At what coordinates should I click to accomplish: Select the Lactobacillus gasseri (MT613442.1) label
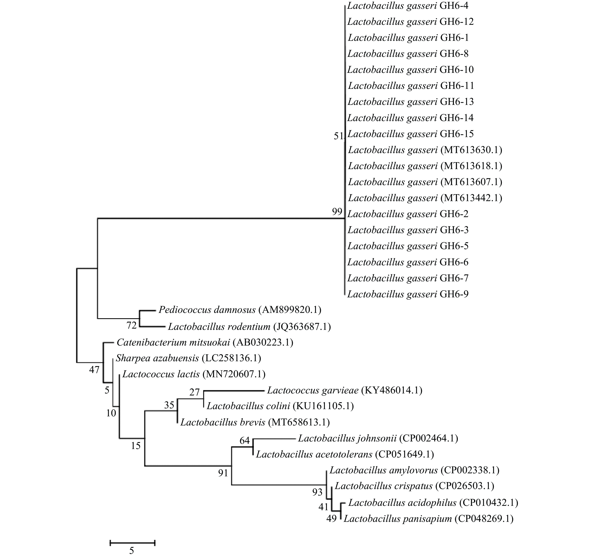pyautogui.click(x=425, y=198)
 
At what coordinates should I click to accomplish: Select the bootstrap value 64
pyautogui.click(x=245, y=440)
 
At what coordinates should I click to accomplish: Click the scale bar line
pyautogui.click(x=132, y=542)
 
